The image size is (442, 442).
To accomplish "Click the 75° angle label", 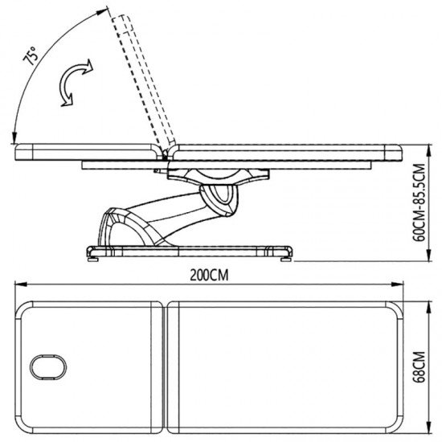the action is tap(31, 55).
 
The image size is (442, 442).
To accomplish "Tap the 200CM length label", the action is tap(209, 275).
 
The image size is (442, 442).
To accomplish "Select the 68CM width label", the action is tap(419, 367).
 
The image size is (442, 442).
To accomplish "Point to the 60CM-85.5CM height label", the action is tap(419, 203).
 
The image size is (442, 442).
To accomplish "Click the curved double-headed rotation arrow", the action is tap(74, 82).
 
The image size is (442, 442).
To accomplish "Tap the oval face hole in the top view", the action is tap(48, 367).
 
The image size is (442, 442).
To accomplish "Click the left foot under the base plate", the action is tap(93, 259).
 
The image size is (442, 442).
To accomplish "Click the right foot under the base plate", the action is tap(286, 259).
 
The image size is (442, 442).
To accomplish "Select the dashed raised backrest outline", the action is tap(142, 82).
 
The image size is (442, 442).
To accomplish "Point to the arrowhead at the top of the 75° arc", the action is tap(102, 12).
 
